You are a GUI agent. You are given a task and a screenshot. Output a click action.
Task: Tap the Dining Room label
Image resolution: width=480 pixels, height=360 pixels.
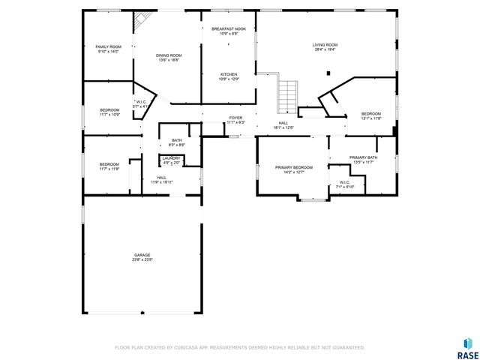[169, 58]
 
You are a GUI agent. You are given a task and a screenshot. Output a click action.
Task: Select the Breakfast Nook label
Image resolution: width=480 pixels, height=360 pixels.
[229, 31]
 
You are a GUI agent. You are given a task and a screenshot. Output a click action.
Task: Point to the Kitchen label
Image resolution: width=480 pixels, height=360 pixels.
[229, 76]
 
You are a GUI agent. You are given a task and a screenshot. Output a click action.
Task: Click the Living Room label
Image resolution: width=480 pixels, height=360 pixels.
[325, 47]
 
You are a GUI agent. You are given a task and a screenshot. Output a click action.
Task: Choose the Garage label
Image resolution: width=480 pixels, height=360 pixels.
[142, 257]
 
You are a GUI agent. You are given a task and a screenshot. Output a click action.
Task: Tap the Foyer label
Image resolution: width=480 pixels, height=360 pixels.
[235, 120]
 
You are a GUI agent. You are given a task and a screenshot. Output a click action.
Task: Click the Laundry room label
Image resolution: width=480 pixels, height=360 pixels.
[171, 160]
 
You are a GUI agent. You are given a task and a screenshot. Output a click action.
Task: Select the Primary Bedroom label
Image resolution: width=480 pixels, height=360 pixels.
[293, 169]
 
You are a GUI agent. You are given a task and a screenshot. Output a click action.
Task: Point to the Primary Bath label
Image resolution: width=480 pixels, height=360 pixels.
[363, 160]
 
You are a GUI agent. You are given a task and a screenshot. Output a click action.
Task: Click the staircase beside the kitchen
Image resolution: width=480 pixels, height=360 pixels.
[287, 94]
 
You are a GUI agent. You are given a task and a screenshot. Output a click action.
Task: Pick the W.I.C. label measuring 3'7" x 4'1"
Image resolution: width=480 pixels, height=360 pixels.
[141, 104]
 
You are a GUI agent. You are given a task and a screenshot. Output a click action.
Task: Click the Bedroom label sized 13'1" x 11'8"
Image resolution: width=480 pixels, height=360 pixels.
[371, 116]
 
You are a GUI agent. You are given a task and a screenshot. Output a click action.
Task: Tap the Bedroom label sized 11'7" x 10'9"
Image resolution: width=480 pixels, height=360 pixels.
[109, 112]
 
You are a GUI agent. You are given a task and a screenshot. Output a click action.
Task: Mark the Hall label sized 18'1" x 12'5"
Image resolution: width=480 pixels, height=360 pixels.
[283, 125]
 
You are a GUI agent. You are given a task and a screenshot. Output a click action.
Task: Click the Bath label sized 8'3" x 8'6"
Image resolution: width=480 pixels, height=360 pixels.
[176, 142]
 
